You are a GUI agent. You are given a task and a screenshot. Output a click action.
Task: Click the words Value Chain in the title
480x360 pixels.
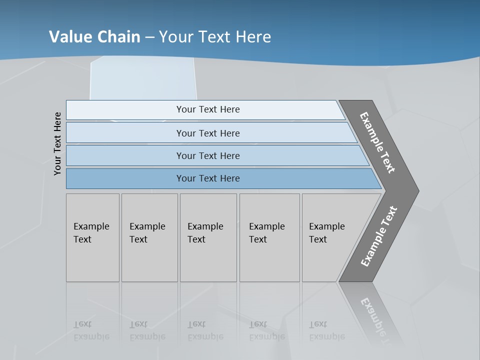(x=94, y=37)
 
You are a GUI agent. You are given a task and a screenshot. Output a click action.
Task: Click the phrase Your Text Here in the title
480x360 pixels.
(x=215, y=37)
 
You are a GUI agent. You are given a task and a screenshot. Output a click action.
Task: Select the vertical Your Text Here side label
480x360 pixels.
(x=57, y=143)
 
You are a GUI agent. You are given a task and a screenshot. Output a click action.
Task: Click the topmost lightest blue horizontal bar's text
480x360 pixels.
(x=208, y=109)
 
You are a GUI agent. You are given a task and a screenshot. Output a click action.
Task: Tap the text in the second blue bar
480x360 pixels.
(x=208, y=133)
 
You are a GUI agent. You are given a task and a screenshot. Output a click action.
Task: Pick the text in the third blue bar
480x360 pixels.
(x=208, y=156)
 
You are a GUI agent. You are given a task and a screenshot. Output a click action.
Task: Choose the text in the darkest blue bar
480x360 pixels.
(x=208, y=178)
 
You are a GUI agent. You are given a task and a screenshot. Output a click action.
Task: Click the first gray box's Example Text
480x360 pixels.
(x=91, y=233)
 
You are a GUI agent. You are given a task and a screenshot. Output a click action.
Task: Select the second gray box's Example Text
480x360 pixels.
(x=147, y=233)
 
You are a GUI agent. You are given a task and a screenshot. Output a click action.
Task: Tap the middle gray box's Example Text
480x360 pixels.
(x=205, y=233)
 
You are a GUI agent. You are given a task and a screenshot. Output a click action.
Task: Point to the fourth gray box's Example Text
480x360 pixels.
(x=266, y=233)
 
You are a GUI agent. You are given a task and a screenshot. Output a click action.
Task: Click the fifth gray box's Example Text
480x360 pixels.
(x=326, y=233)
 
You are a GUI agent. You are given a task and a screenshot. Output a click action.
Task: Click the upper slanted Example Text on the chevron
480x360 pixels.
(x=377, y=142)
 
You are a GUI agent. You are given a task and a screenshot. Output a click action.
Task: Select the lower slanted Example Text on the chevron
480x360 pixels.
(x=378, y=236)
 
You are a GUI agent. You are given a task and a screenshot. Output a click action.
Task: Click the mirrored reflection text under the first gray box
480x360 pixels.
(x=91, y=330)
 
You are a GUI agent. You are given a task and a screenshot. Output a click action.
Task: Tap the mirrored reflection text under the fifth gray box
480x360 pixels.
(x=326, y=330)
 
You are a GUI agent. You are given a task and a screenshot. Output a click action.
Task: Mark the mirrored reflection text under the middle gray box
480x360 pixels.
(x=205, y=330)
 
